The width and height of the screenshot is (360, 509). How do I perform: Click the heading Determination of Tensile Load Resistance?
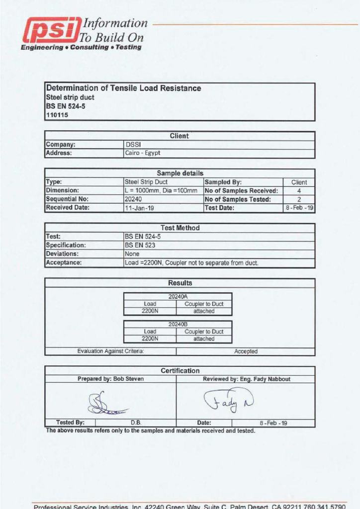pos(123,88)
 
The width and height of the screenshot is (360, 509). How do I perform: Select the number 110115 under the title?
pos(57,115)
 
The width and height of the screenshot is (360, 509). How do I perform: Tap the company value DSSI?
pos(132,145)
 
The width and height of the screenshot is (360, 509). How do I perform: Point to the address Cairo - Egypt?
pos(143,153)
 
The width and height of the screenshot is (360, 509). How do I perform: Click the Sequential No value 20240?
pos(134,199)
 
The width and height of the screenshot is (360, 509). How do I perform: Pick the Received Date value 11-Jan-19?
pos(139,208)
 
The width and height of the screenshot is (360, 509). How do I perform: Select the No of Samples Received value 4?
pos(299,191)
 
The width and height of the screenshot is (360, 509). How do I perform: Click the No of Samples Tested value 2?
pos(299,199)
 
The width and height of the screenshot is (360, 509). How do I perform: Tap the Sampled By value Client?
pos(299,182)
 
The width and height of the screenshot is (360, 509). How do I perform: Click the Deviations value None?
pos(132,254)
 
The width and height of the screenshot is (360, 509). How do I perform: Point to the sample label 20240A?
pos(178,296)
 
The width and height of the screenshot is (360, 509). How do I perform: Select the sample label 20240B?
pos(178,324)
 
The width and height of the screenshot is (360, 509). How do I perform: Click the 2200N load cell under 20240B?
pos(150,339)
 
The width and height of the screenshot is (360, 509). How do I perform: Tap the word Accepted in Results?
pos(246,351)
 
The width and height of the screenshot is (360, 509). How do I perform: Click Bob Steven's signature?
pos(104,403)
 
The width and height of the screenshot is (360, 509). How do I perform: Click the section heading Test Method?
pos(180,228)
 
